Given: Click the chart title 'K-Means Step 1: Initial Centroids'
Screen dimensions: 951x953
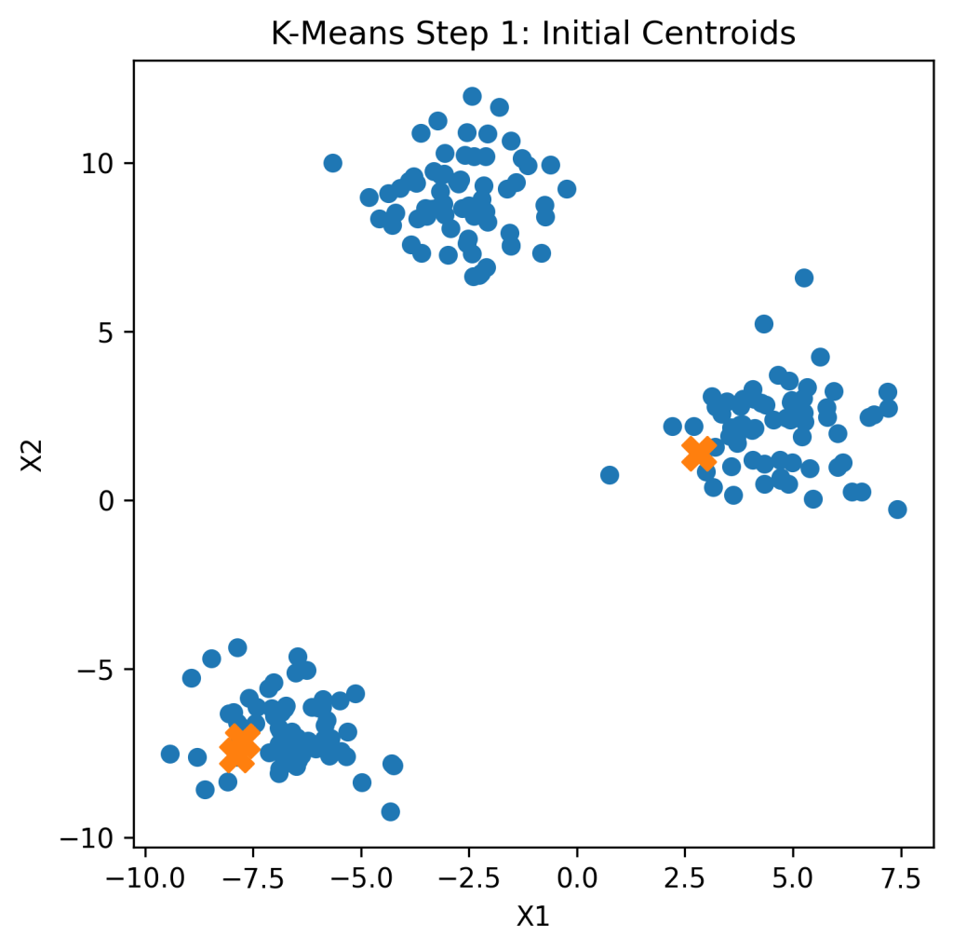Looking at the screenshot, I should [533, 34].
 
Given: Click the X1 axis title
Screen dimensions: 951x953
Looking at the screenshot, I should [533, 917].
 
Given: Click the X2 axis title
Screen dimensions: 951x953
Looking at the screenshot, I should [34, 455].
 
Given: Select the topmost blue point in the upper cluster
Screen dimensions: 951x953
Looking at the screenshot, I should [472, 96].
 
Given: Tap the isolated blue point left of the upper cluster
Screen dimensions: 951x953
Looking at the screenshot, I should [332, 163].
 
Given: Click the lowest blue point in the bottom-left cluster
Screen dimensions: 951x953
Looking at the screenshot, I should [391, 811].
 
